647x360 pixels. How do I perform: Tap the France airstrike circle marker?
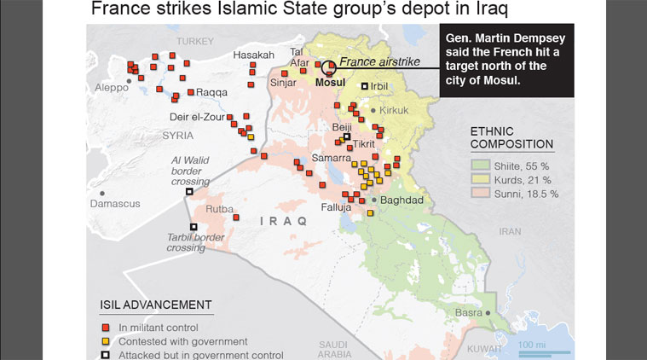pyautogui.click(x=328, y=67)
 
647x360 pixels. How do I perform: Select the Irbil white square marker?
pyautogui.click(x=365, y=86)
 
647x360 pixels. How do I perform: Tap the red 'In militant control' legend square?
pyautogui.click(x=106, y=328)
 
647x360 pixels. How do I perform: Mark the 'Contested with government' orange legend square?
pyautogui.click(x=106, y=341)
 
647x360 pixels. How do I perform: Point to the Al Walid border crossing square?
pyautogui.click(x=189, y=192)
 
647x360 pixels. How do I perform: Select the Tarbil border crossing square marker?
pyautogui.click(x=194, y=227)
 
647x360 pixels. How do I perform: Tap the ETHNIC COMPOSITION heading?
pyautogui.click(x=511, y=137)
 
